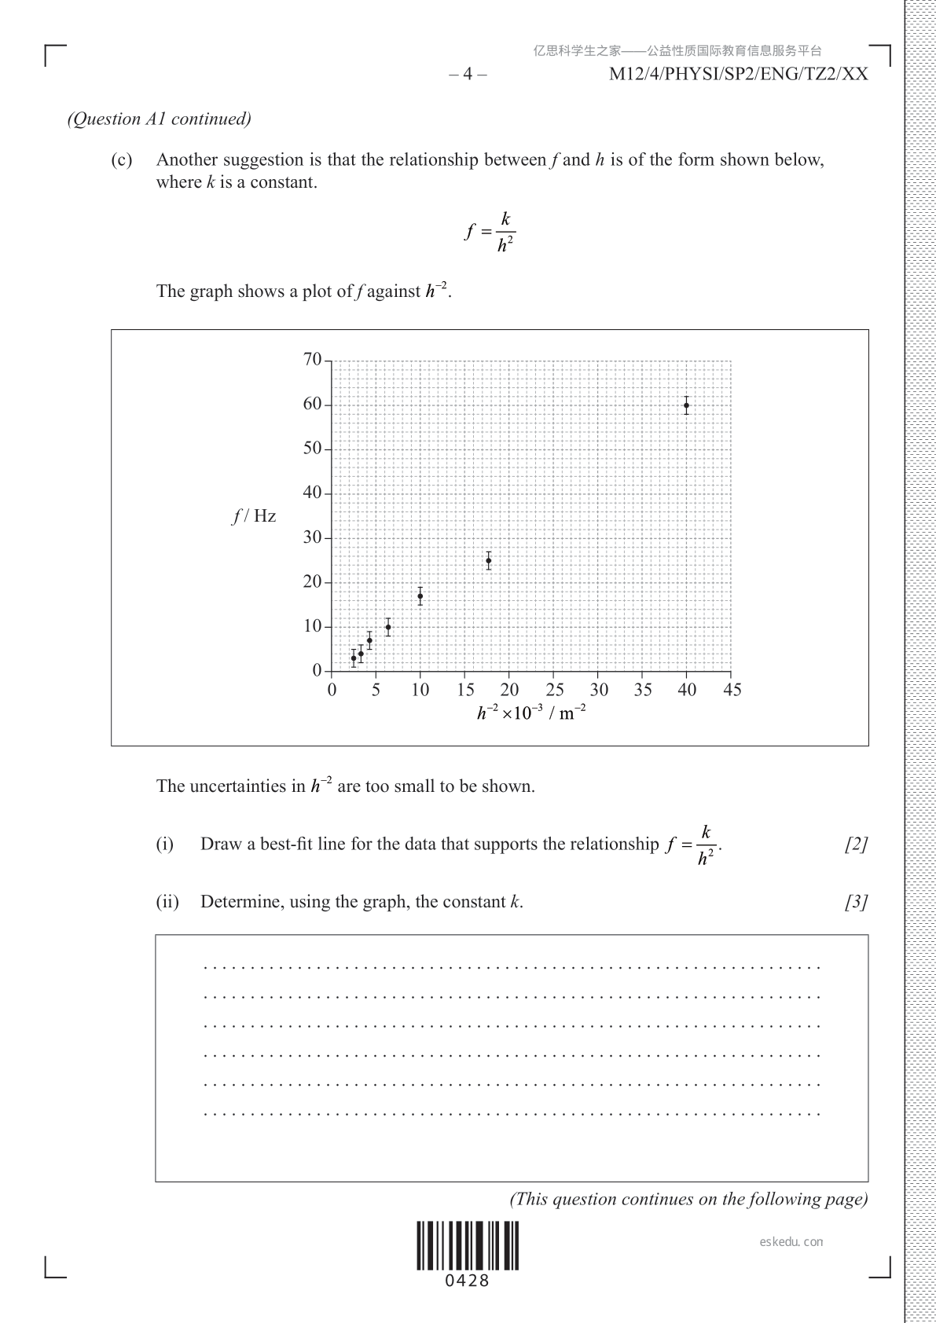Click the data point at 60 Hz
coord(686,406)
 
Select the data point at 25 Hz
coord(488,561)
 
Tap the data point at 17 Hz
coord(420,596)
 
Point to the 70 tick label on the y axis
coord(312,360)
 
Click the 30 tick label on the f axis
coord(312,537)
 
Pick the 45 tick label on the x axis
coord(732,691)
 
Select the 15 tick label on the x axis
coord(465,691)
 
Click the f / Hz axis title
coord(254,516)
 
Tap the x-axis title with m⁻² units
coord(532,713)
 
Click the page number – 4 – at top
coord(468,75)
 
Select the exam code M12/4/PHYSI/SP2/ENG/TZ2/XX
coord(739,75)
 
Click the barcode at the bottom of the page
coord(468,1246)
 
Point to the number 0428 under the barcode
coord(468,1281)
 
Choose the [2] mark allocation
coord(856,845)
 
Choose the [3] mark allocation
coord(856,902)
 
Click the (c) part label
coord(121,160)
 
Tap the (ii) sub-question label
coord(167,902)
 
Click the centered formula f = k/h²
coord(490,232)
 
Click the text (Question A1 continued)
coord(160,119)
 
